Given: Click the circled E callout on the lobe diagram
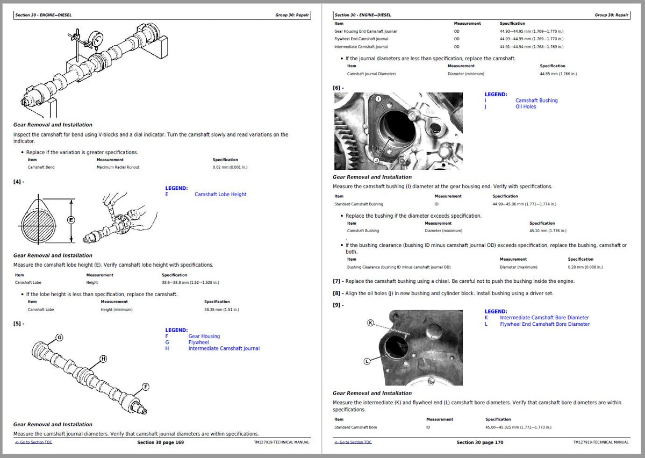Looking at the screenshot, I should tap(70, 220).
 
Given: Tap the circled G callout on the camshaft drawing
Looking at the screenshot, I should tap(60, 337).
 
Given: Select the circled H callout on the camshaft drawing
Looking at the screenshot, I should tap(103, 359).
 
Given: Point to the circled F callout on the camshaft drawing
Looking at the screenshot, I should tap(145, 387).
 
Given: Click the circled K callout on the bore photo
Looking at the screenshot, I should tap(370, 323).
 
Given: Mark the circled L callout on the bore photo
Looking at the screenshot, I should tap(367, 361).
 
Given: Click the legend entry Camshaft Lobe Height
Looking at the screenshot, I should tap(220, 195).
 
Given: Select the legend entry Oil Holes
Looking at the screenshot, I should tap(525, 106).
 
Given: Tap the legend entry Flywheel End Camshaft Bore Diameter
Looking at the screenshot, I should tap(544, 324).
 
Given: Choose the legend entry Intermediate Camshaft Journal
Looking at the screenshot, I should tap(224, 348).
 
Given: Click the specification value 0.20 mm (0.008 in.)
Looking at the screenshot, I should tap(585, 267).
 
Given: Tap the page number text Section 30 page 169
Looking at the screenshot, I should tap(160, 442).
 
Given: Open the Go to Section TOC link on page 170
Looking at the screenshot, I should tap(353, 442).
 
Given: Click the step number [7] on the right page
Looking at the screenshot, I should tap(337, 281).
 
